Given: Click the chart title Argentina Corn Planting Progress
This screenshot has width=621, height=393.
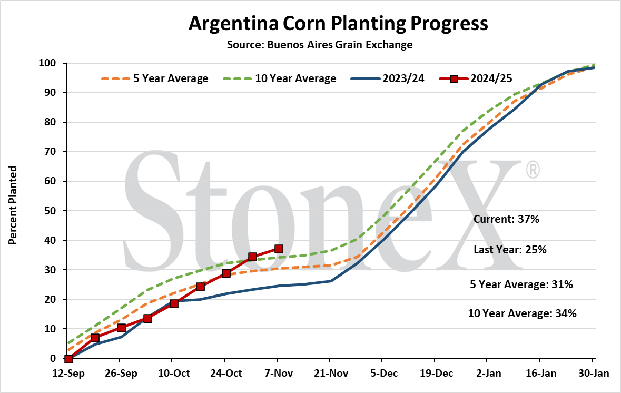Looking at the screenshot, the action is point(338,24).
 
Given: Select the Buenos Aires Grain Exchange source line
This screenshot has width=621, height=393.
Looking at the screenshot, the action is point(320,45).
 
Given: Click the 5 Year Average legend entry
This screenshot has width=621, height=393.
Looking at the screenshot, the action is point(155,78).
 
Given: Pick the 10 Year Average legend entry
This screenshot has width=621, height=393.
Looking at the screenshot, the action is point(280,78).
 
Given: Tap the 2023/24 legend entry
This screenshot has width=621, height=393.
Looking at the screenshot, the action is point(387,78).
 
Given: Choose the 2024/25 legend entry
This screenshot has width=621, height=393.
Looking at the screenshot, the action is point(476,78).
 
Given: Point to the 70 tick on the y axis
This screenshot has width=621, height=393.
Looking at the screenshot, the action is point(50,152).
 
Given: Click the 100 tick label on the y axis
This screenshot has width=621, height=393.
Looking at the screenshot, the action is point(47,63).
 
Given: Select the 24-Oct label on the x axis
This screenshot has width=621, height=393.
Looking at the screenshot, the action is point(225,373).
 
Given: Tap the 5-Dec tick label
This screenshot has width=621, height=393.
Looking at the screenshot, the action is point(383,373).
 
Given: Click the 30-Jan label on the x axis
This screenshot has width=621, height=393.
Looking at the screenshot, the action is point(593,373).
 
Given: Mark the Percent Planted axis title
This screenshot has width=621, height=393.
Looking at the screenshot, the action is point(13,205).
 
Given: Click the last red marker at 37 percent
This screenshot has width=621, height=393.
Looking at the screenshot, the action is point(279,249).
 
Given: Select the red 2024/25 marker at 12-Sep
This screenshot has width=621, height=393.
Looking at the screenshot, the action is point(68,359).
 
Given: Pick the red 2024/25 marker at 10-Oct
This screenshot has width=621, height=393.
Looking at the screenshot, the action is point(174,304).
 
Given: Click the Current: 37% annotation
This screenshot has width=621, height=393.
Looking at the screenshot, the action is point(507,219).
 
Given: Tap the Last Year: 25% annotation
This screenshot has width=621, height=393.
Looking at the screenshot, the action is point(510,250).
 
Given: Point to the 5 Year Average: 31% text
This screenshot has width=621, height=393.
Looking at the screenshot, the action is point(521,284).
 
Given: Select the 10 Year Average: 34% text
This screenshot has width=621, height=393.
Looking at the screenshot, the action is point(523,313).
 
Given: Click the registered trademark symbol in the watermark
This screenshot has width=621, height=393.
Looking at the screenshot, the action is point(533,169).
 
